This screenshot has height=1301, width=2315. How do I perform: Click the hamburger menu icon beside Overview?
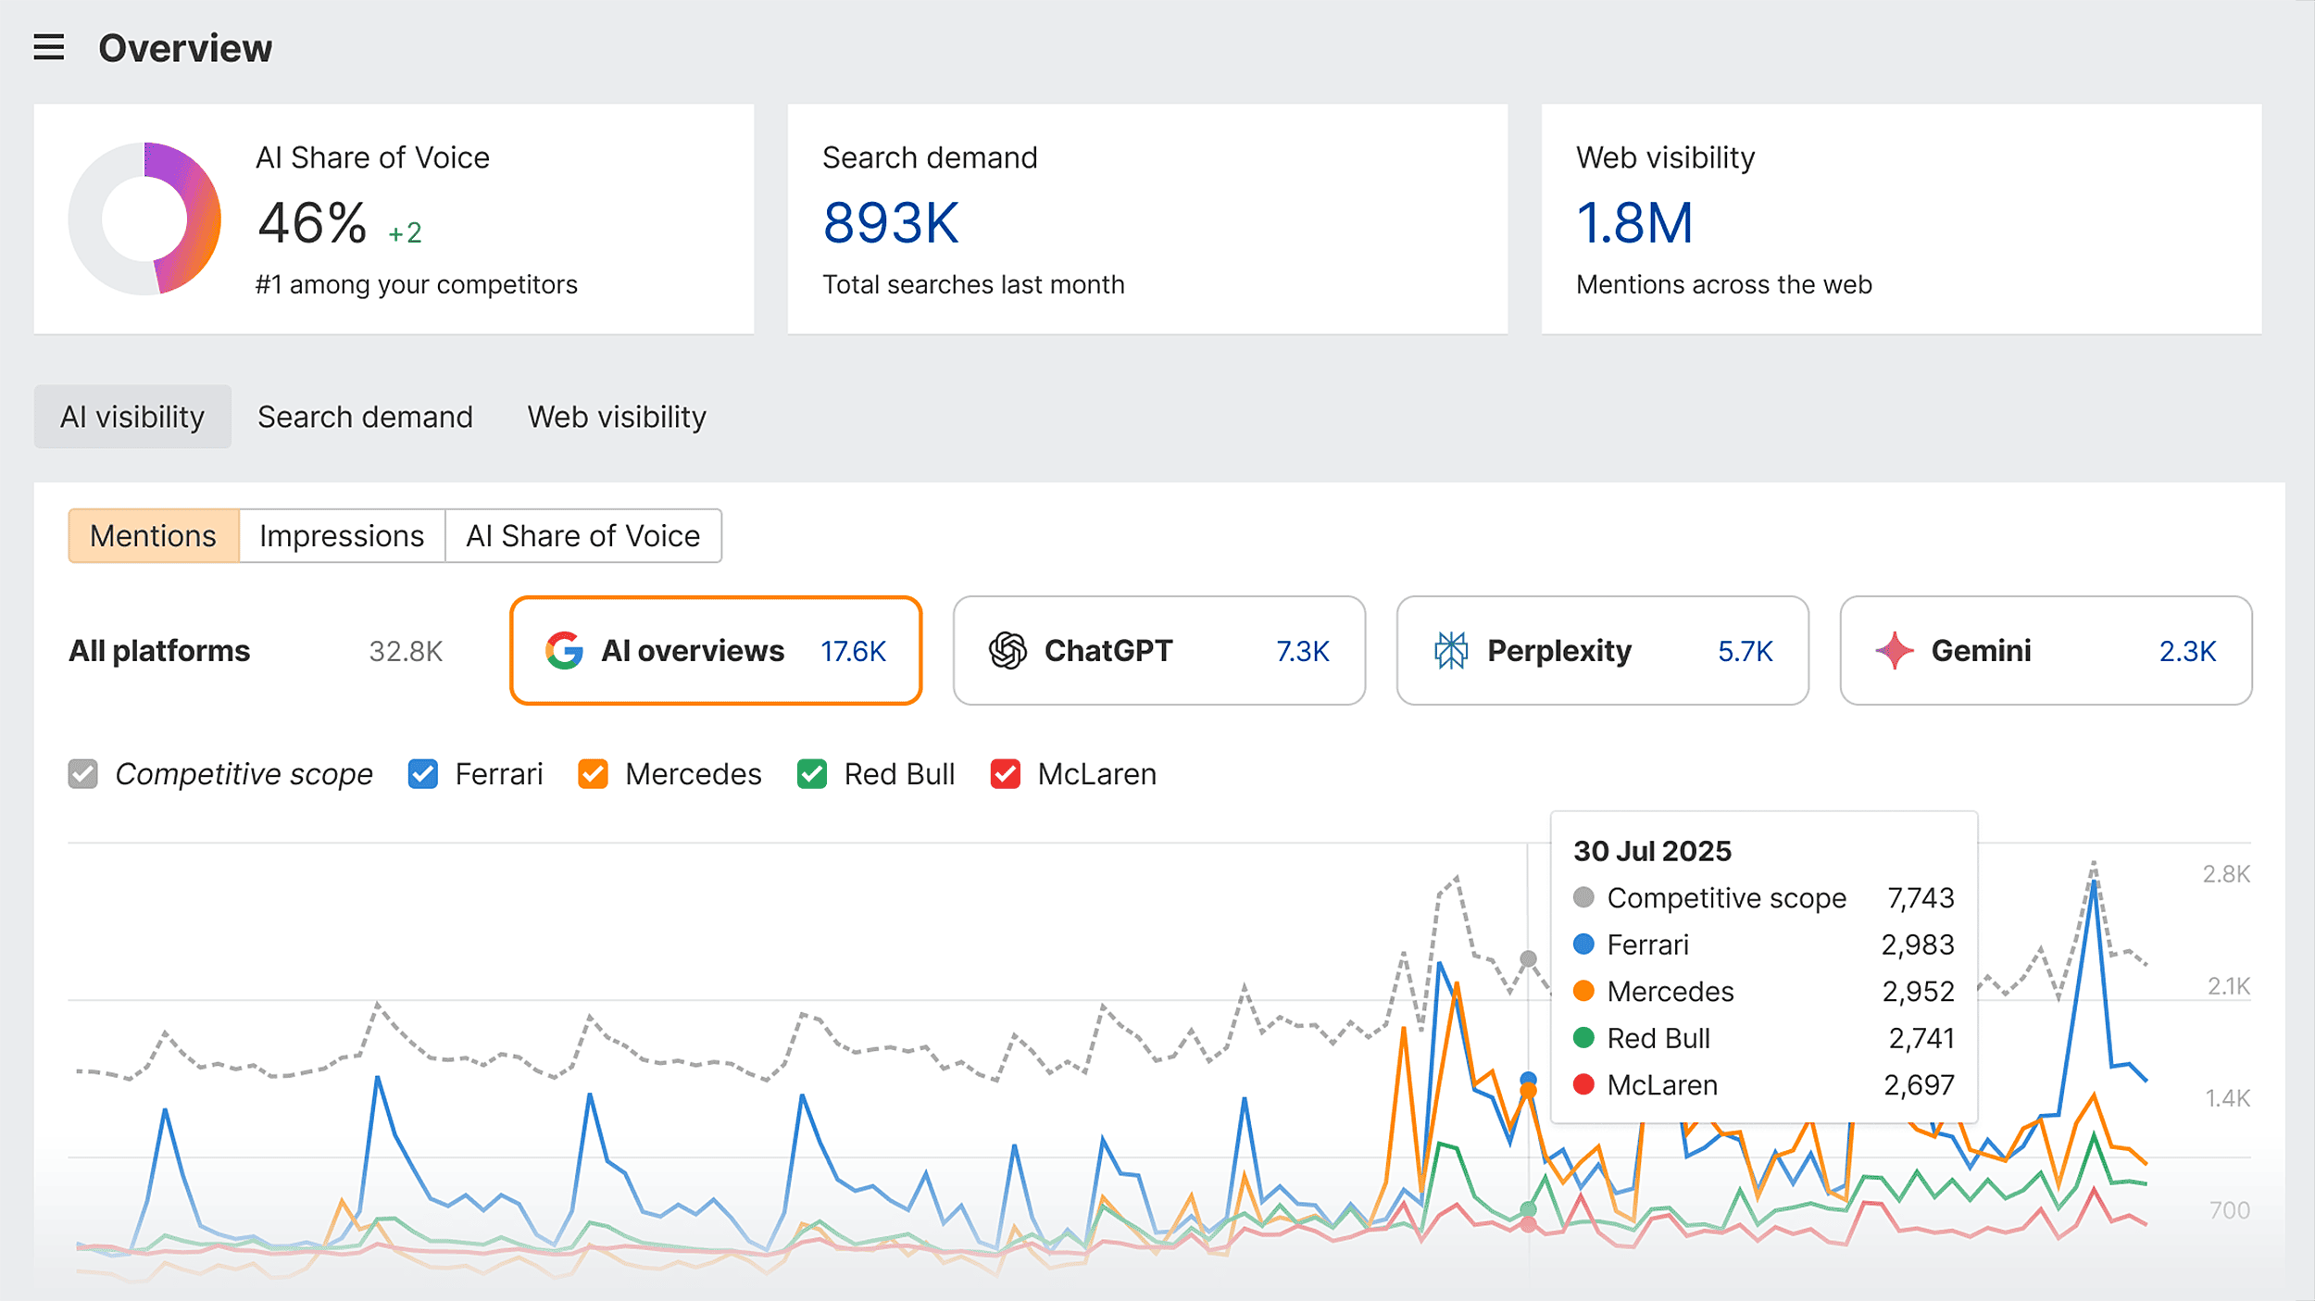49,47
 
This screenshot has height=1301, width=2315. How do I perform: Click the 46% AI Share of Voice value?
312,223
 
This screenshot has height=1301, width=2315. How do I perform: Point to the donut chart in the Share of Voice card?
144,219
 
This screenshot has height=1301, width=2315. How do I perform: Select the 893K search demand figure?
891,223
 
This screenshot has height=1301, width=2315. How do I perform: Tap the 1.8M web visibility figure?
1634,223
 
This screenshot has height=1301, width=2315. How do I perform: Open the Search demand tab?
365,418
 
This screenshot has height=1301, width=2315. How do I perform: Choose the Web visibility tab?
617,418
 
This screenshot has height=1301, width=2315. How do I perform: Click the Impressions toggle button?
341,536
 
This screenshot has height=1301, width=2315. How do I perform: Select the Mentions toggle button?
153,536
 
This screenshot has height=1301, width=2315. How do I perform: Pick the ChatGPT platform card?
1158,651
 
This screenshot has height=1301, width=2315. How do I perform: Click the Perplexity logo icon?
1451,651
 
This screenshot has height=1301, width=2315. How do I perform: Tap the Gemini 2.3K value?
2187,652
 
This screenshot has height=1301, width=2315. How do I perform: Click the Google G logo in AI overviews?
564,651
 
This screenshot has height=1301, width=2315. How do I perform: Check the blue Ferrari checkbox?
423,774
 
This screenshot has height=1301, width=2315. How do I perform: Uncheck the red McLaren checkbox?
1005,774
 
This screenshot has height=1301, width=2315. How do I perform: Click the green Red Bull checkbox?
812,774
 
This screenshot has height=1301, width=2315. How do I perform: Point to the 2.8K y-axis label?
2225,874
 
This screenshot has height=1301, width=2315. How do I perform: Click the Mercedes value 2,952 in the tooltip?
1918,992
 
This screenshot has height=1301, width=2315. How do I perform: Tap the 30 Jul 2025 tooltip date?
1652,851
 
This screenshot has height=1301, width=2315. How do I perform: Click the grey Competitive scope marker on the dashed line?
1528,958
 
